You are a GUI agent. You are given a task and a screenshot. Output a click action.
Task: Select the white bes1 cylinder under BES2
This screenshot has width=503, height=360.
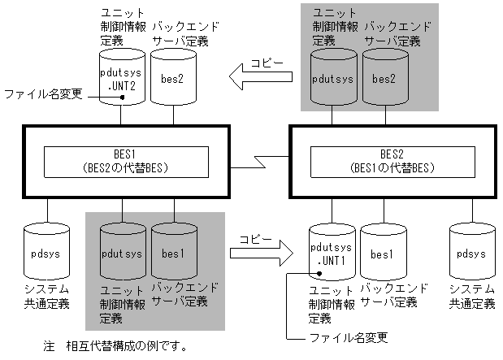(382, 254)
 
